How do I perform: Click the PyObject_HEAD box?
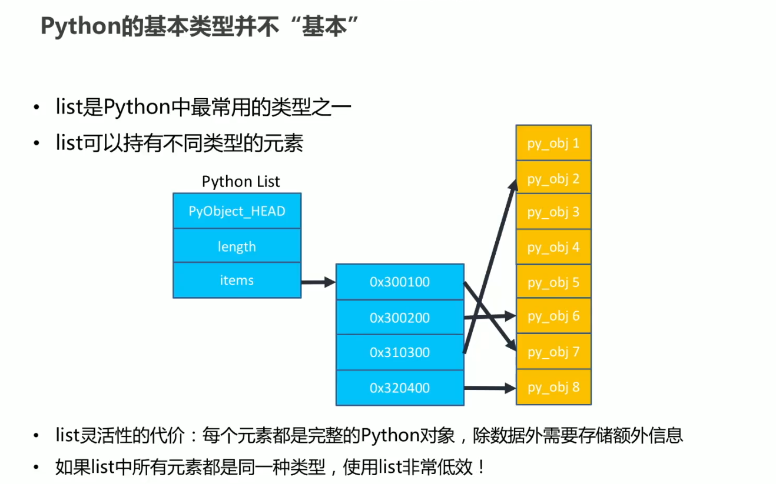[x=237, y=211]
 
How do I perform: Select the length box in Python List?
[x=237, y=246]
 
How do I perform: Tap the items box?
[x=237, y=280]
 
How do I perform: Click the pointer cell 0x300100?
[x=400, y=282]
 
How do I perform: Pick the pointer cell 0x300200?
[x=400, y=318]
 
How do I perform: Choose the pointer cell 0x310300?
[x=400, y=352]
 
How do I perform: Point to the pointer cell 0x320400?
[x=400, y=388]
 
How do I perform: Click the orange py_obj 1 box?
[x=553, y=143]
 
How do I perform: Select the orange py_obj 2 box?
[x=553, y=178]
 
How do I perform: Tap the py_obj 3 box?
[x=553, y=212]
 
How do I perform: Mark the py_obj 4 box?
[x=553, y=247]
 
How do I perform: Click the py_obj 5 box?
[x=553, y=282]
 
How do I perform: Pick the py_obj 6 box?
[x=553, y=316]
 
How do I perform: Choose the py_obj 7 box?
[x=553, y=352]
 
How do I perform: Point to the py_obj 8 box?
[x=553, y=387]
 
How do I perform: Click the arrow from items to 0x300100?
[x=318, y=282]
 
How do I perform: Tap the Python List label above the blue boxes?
[x=241, y=181]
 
